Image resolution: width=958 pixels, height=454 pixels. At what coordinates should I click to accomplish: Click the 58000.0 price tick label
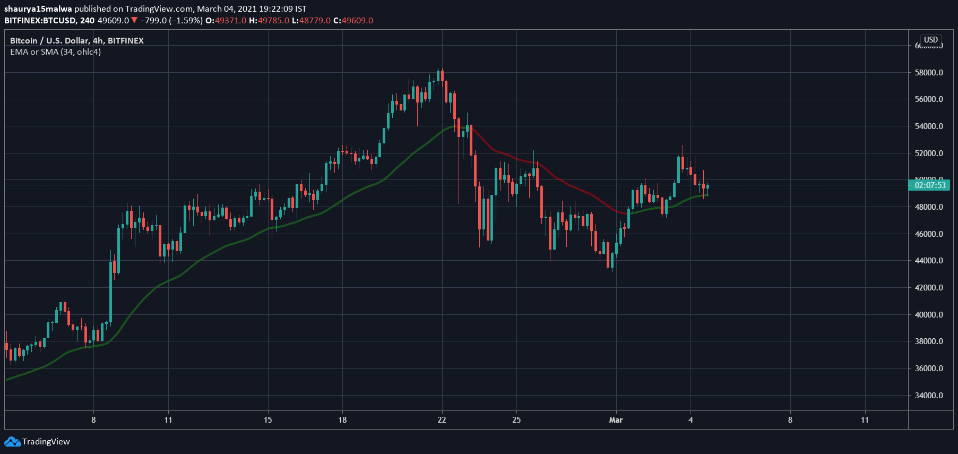929,73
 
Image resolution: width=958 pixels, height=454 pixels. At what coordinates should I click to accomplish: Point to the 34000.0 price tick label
929,396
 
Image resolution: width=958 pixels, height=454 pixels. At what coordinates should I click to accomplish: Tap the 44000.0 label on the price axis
929,261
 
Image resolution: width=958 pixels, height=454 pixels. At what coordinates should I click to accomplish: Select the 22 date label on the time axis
442,420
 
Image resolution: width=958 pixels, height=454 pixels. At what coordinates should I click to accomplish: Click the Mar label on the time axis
616,420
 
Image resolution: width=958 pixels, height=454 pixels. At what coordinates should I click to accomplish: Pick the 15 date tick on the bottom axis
268,420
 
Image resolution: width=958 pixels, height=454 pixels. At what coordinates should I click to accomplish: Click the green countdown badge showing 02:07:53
929,185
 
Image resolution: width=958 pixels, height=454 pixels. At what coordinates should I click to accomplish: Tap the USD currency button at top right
930,40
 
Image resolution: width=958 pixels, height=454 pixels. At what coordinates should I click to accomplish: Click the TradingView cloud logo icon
12,441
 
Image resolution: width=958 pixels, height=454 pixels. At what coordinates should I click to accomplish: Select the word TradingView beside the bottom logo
46,442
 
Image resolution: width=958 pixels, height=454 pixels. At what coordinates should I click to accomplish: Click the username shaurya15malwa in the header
38,9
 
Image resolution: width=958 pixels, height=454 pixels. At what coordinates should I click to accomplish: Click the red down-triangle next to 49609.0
134,21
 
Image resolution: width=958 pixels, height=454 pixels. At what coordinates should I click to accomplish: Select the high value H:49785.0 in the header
269,21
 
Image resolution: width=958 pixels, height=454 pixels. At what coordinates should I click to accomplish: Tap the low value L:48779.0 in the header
311,21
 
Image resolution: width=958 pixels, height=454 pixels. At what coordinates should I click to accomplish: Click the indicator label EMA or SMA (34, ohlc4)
55,52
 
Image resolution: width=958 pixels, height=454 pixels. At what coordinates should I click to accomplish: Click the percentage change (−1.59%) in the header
186,21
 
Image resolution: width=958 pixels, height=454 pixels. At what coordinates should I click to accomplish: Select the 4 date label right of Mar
691,420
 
